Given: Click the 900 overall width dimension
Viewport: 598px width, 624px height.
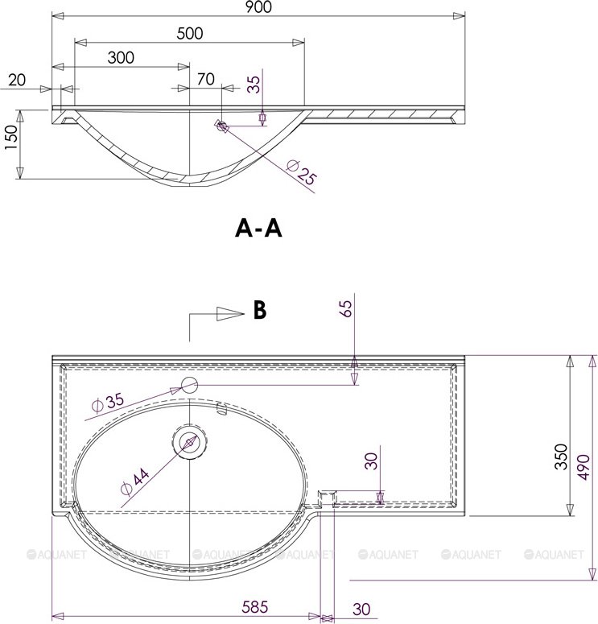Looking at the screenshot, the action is coord(258,6).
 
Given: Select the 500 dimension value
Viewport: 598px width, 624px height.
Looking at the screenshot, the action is coord(190,34).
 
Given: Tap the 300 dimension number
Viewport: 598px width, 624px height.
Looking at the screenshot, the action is coord(121,58).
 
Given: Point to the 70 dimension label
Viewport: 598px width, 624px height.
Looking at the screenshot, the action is coord(206,79).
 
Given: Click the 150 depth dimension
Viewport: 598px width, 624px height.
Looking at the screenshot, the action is coord(11,138).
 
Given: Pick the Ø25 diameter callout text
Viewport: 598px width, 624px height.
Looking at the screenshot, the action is coord(301,172).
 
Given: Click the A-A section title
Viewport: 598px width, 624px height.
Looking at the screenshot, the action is coord(258,229).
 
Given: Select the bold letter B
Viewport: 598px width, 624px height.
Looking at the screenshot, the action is coord(260,310).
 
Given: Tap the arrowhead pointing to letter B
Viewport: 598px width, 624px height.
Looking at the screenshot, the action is coord(230,314).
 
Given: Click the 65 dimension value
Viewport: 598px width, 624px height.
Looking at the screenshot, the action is coord(346,308).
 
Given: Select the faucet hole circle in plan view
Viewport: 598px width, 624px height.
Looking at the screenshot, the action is coord(189,384).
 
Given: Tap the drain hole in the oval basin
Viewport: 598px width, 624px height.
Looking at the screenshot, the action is coord(188,441).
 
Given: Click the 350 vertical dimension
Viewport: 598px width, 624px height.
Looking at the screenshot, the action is coord(561,457).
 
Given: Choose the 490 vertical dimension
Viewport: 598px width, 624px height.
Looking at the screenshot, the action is coord(584,467).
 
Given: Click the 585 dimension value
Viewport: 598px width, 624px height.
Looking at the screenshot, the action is coord(255,607).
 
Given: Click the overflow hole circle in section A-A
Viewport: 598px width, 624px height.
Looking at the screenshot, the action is coord(222,126).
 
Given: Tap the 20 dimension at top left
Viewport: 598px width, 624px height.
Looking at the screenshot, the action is coord(17,81).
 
